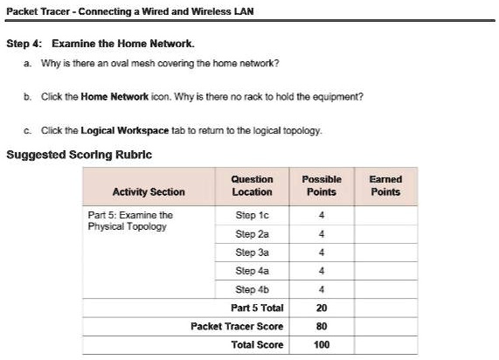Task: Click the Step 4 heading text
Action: point(100,43)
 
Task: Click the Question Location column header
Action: point(252,185)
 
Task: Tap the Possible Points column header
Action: point(322,185)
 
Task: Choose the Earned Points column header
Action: point(385,185)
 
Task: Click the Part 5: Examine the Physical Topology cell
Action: point(131,220)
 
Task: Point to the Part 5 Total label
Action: point(257,308)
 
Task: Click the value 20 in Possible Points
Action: point(322,308)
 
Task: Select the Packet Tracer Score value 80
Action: point(322,326)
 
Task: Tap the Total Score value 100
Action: point(322,344)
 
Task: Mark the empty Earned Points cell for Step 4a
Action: point(385,271)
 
